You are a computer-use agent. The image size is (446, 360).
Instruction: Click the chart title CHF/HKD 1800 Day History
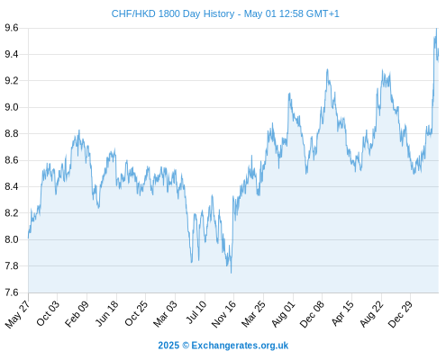pyautogui.click(x=173, y=13)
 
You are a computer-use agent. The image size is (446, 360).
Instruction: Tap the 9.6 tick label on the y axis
pyautogui.click(x=12, y=28)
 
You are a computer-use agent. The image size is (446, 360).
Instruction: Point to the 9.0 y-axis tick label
pyautogui.click(x=12, y=107)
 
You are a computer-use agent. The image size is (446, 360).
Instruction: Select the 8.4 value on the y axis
pyautogui.click(x=12, y=186)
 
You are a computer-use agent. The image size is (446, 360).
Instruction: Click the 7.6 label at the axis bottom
pyautogui.click(x=12, y=292)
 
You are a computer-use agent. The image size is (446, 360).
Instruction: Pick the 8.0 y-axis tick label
pyautogui.click(x=12, y=239)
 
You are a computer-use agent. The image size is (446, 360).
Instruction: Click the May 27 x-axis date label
pyautogui.click(x=17, y=314)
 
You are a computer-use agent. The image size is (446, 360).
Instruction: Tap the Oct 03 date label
pyautogui.click(x=48, y=313)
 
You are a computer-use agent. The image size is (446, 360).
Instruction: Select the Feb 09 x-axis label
pyautogui.click(x=77, y=313)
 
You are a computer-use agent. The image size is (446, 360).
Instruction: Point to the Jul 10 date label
pyautogui.click(x=196, y=312)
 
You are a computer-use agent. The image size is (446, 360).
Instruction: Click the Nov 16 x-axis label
pyautogui.click(x=223, y=314)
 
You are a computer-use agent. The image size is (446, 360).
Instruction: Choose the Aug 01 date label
pyautogui.click(x=283, y=314)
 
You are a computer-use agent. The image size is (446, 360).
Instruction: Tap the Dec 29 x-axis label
pyautogui.click(x=400, y=314)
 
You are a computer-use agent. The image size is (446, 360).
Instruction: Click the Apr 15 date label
pyautogui.click(x=342, y=313)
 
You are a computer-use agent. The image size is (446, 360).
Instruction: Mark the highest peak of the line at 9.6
pyautogui.click(x=436, y=29)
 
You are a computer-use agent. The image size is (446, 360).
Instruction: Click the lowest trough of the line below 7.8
pyautogui.click(x=231, y=273)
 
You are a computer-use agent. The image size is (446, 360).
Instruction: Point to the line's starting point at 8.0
pyautogui.click(x=29, y=238)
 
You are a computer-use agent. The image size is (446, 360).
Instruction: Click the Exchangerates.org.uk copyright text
pyautogui.click(x=240, y=346)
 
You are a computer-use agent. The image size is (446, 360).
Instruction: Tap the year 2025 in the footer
pyautogui.click(x=168, y=346)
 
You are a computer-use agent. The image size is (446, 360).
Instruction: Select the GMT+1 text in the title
pyautogui.click(x=323, y=13)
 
